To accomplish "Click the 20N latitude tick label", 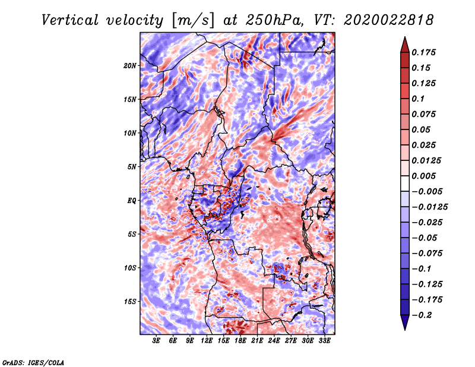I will pos(130,65).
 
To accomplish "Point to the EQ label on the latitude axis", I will pos(132,200).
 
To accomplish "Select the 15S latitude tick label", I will pos(130,301).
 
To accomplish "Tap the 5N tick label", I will pos(132,166).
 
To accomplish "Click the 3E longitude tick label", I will pos(157,341).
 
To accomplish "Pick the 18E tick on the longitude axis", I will pos(240,341).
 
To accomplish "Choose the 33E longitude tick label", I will pos(324,341).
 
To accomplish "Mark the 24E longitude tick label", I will pos(274,341).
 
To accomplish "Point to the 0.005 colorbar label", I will pos(426,176).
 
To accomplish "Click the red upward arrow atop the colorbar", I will pos(404,43).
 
